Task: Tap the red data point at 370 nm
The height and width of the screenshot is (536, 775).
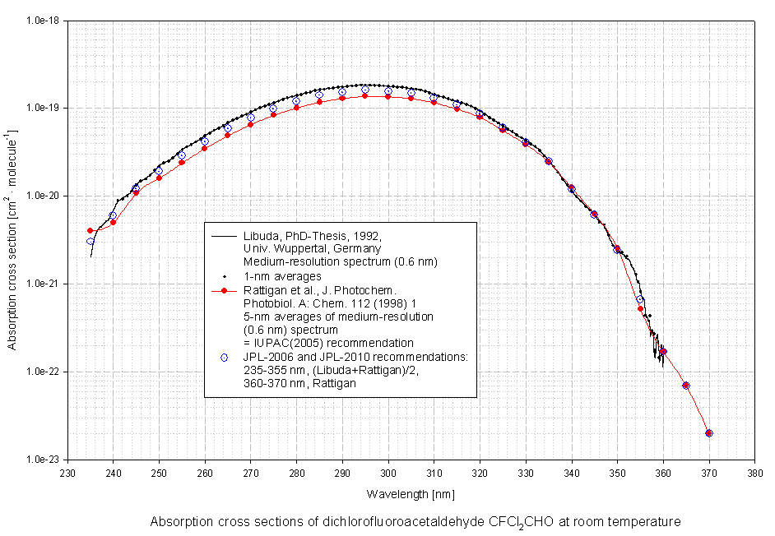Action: tap(709, 433)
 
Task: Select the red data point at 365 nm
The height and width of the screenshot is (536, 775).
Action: tap(686, 386)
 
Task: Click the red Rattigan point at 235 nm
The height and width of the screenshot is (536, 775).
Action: tap(90, 231)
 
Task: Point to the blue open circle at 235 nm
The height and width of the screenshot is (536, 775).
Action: tap(90, 241)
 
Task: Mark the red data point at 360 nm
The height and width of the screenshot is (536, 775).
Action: tap(663, 351)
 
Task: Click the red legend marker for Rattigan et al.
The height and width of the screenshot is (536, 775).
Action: tap(223, 290)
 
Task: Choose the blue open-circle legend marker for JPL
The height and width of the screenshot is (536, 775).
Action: tap(223, 357)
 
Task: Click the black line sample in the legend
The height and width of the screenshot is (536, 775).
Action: tap(223, 237)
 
